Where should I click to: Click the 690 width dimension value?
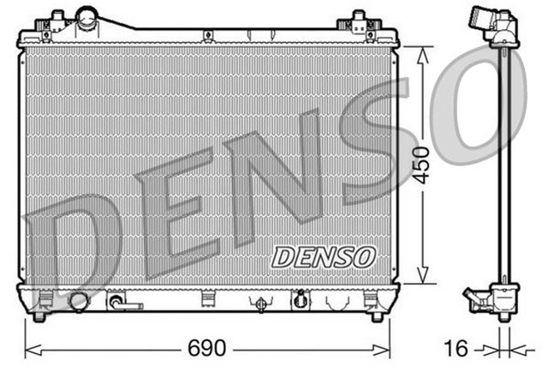click(206, 349)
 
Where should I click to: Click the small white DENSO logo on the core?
click(323, 255)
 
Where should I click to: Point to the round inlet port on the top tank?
click(86, 16)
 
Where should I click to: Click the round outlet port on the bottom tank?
click(79, 301)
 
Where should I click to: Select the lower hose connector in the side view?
click(479, 300)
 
